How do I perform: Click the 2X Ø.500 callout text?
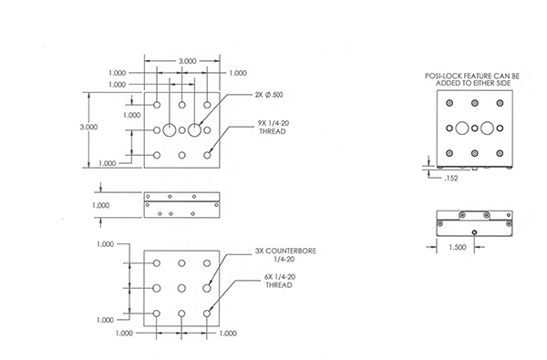click(269, 95)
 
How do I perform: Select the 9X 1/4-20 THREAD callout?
click(273, 128)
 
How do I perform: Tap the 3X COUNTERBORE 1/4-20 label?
click(285, 255)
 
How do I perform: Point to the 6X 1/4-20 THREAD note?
click(280, 281)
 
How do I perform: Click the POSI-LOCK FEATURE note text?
click(472, 79)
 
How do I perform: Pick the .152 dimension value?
click(451, 179)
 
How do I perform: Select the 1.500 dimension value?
click(457, 247)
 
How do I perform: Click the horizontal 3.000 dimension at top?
click(188, 61)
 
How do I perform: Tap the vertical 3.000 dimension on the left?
click(88, 127)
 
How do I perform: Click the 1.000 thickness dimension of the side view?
click(101, 205)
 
